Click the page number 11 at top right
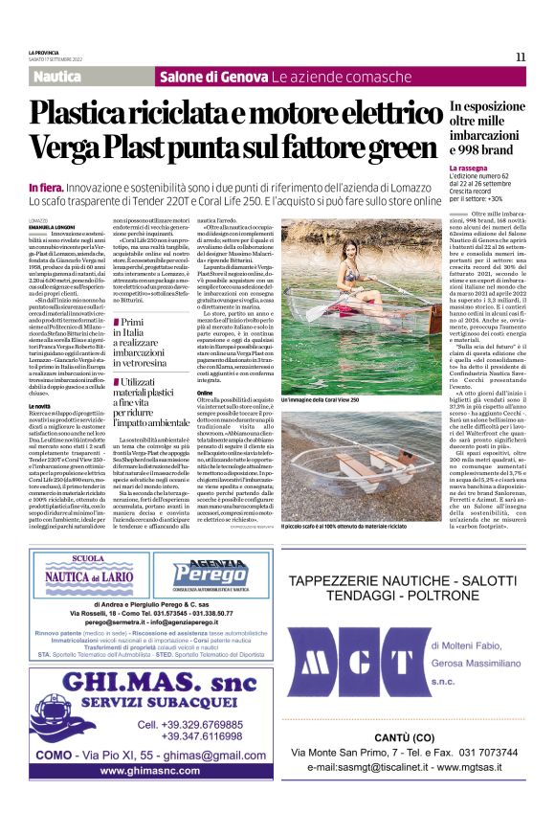tap(521, 56)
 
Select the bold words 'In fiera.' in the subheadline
tap(46, 187)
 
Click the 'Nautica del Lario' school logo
tap(88, 570)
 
